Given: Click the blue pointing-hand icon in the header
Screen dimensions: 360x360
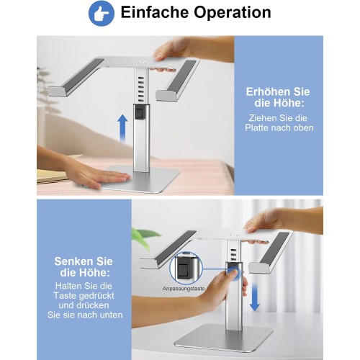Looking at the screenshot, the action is (102, 14).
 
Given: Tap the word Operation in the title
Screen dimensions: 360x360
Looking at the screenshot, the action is (233, 13).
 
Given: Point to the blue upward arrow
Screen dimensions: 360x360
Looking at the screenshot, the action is (122, 128).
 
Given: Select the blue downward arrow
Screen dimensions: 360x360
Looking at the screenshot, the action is (254, 297).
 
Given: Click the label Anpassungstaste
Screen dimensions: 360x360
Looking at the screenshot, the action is (184, 289).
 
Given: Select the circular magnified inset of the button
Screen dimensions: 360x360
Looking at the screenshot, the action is (186, 268).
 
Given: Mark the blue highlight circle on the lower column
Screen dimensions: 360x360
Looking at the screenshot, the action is (234, 274).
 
